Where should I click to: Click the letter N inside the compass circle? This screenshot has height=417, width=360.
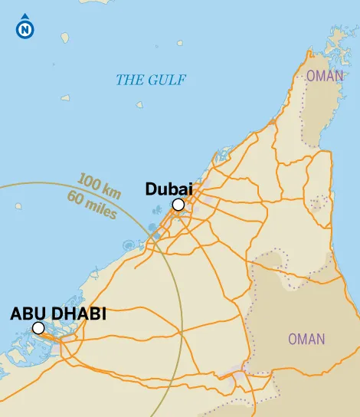[26, 31]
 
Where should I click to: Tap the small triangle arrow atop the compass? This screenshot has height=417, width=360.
[26, 16]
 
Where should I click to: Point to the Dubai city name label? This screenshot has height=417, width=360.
[168, 189]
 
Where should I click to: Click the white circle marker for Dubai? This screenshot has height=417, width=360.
[178, 205]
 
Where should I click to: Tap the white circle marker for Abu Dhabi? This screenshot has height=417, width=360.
[38, 328]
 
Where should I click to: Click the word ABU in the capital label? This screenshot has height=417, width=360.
[28, 314]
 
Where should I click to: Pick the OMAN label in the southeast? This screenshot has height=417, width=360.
[306, 339]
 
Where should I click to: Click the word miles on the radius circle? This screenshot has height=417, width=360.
[101, 208]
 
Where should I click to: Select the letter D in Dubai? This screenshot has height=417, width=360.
[151, 189]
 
